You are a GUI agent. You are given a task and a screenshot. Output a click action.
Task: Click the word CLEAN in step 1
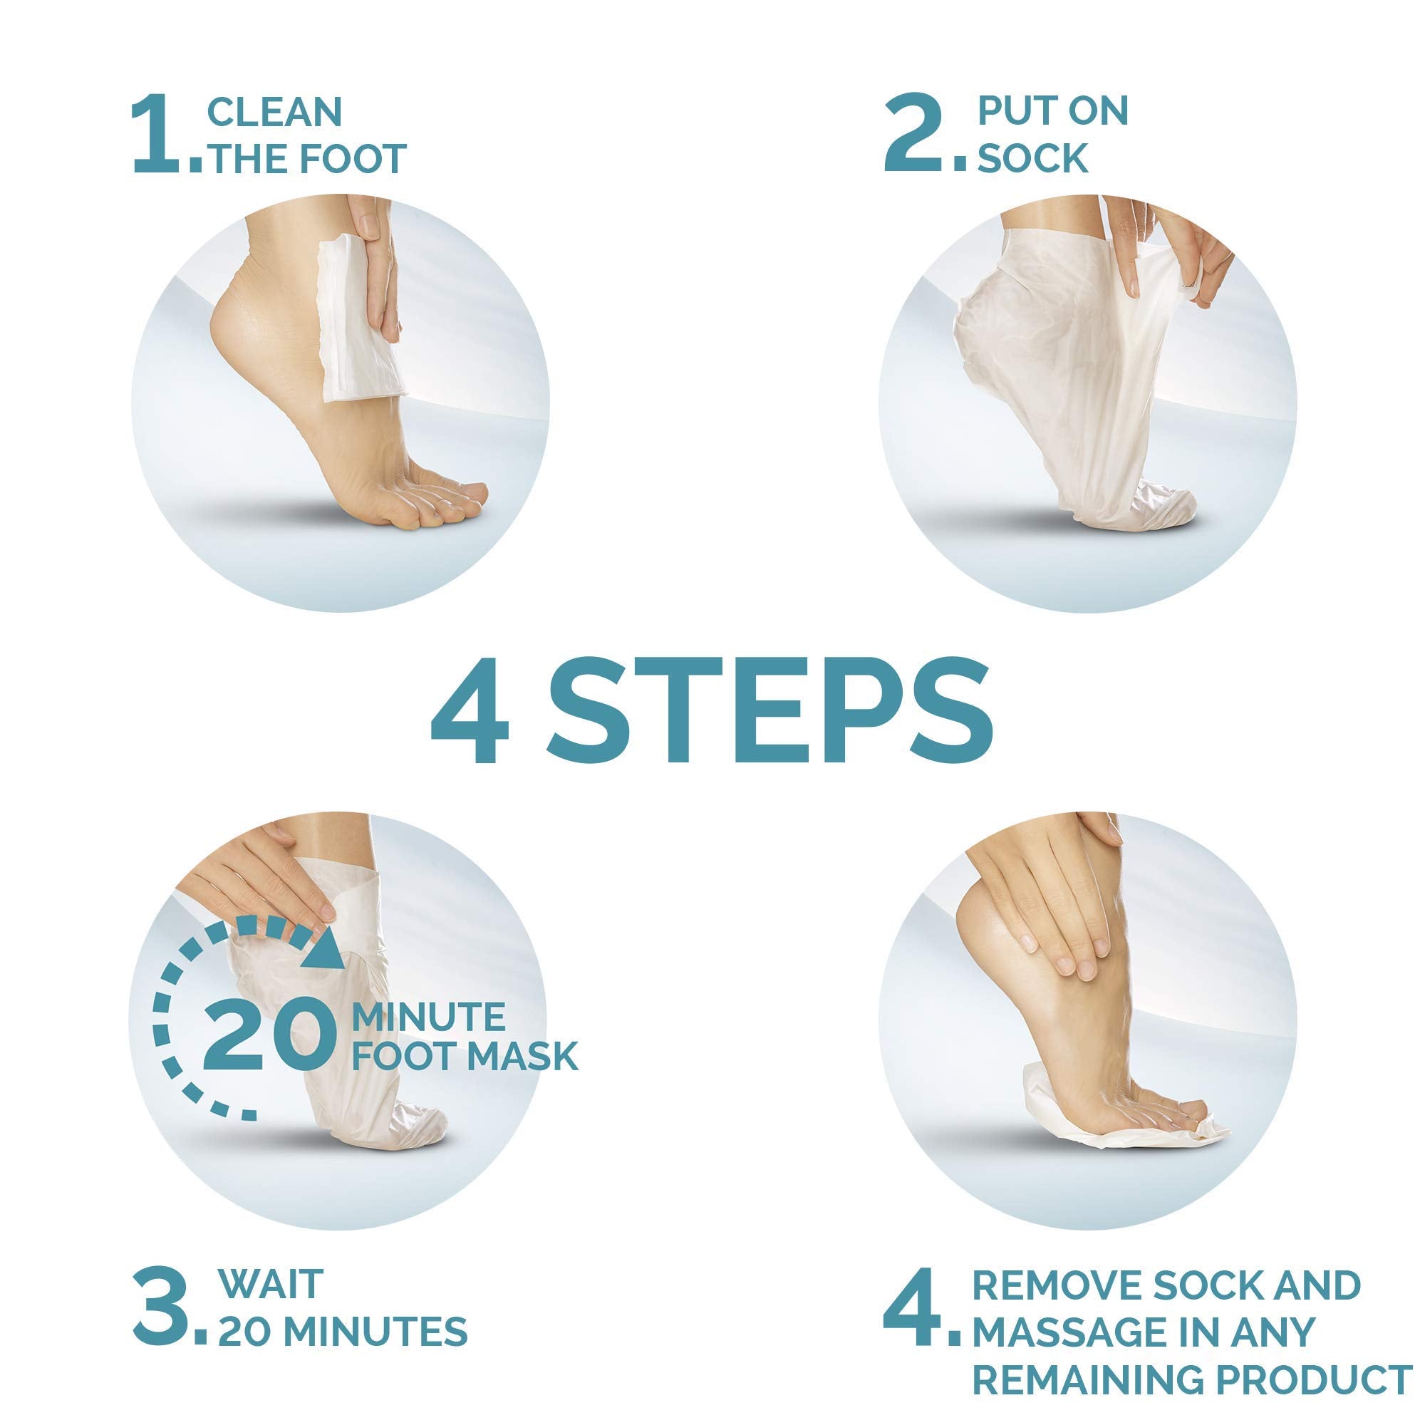click(274, 111)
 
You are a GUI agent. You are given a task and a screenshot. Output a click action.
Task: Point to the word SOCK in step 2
click(1033, 158)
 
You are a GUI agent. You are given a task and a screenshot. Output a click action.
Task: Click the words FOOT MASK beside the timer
click(464, 1055)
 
